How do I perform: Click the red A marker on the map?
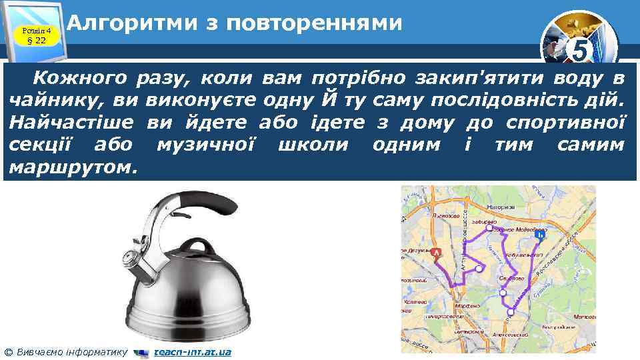pos(437,253)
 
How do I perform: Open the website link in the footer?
pos(192,351)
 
